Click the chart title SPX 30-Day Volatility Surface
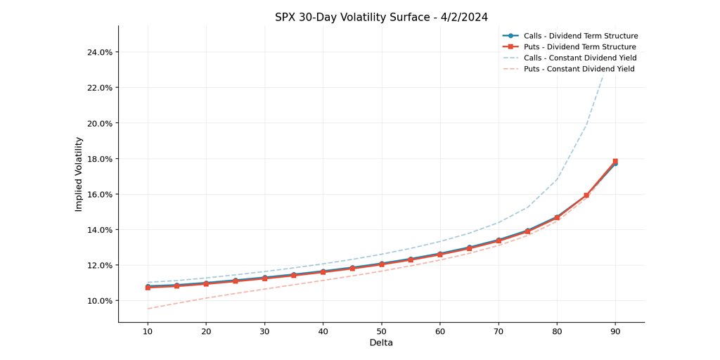click(381, 17)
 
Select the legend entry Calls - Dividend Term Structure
click(581, 36)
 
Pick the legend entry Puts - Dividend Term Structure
click(580, 47)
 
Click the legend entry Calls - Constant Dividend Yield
click(581, 58)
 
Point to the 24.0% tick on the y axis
click(98, 52)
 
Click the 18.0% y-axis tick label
click(98, 159)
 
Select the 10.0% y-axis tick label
click(98, 301)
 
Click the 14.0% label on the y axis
click(98, 230)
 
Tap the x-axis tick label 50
click(381, 330)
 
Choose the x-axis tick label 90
click(615, 330)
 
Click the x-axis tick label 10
click(148, 330)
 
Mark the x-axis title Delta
click(381, 343)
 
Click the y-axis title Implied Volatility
click(79, 174)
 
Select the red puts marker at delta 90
click(615, 161)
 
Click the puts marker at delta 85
click(586, 195)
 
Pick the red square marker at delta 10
click(148, 288)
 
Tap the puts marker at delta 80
click(557, 218)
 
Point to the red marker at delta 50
click(381, 265)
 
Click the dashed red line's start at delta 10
click(148, 309)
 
